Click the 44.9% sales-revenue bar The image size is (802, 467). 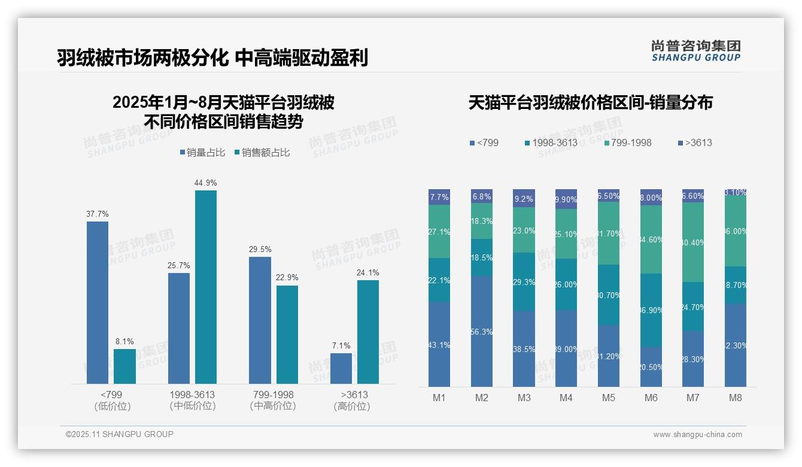pyautogui.click(x=205, y=287)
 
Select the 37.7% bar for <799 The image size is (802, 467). pyautogui.click(x=98, y=302)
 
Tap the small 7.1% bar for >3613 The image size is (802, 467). pyautogui.click(x=341, y=368)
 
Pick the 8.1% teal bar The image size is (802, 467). pyautogui.click(x=124, y=366)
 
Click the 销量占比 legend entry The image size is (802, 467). pyautogui.click(x=202, y=153)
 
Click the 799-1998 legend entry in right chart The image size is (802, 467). pyautogui.click(x=627, y=142)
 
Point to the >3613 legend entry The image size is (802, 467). pyautogui.click(x=695, y=142)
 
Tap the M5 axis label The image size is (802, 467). pyautogui.click(x=608, y=398)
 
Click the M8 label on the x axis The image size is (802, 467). pyautogui.click(x=736, y=398)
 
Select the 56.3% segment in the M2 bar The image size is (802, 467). pyautogui.click(x=482, y=331)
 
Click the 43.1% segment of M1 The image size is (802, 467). pyautogui.click(x=439, y=344)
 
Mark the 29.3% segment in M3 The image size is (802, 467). pyautogui.click(x=524, y=281)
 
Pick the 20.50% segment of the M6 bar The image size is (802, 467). pyautogui.click(x=651, y=366)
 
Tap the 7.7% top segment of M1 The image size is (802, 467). pyautogui.click(x=439, y=197)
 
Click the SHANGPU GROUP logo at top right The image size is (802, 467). pyautogui.click(x=695, y=51)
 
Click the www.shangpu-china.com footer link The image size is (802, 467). pyautogui.click(x=697, y=435)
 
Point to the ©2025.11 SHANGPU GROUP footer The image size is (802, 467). pyautogui.click(x=120, y=434)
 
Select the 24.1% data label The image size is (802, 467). pyautogui.click(x=367, y=272)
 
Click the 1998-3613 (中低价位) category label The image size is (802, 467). pyautogui.click(x=192, y=401)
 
